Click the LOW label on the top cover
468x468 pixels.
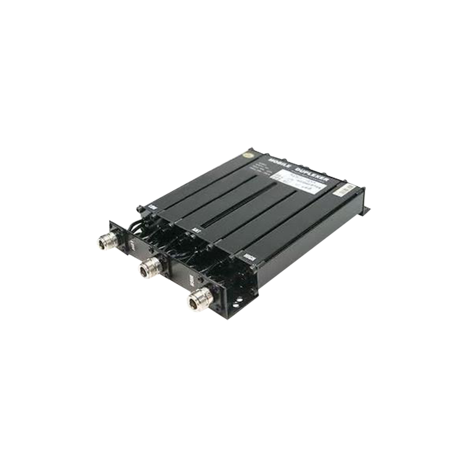(x=152, y=206)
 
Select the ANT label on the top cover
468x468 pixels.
(x=197, y=230)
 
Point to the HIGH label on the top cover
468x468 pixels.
(x=249, y=256)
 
